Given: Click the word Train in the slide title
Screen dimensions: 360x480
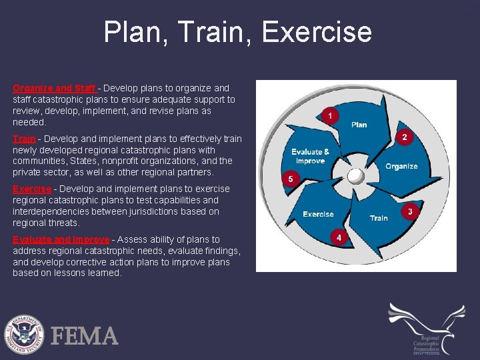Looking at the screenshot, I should pyautogui.click(x=215, y=32).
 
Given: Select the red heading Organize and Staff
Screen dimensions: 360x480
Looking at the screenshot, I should pyautogui.click(x=55, y=88).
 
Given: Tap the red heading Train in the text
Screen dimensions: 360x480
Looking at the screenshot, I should pyautogui.click(x=24, y=139).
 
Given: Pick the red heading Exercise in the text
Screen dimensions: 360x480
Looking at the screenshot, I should pyautogui.click(x=32, y=189).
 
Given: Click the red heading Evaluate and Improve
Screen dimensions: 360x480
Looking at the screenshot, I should pyautogui.click(x=61, y=239).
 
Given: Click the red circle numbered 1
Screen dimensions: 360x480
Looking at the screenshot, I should pyautogui.click(x=329, y=116).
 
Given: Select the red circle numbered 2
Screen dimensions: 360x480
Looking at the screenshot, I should pyautogui.click(x=403, y=137).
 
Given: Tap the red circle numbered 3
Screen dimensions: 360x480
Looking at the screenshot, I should pyautogui.click(x=410, y=211).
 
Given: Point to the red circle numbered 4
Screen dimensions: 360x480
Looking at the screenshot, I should pyautogui.click(x=339, y=237).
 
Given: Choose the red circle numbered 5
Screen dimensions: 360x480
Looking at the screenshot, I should pyautogui.click(x=290, y=179).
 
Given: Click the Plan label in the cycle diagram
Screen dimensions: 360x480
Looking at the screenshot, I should pyautogui.click(x=359, y=125).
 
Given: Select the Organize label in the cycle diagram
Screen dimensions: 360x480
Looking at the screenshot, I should pyautogui.click(x=401, y=166).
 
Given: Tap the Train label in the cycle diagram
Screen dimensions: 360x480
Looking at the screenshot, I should pyautogui.click(x=379, y=218).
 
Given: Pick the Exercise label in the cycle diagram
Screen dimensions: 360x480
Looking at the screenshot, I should pyautogui.click(x=318, y=215).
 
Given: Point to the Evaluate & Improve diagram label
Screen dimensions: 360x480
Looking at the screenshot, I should pyautogui.click(x=310, y=157).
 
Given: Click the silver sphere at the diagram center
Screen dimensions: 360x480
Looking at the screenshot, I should pyautogui.click(x=356, y=175).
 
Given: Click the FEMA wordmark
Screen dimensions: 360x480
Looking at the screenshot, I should pyautogui.click(x=85, y=335).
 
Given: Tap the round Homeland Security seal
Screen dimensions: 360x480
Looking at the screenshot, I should pyautogui.click(x=25, y=333).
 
